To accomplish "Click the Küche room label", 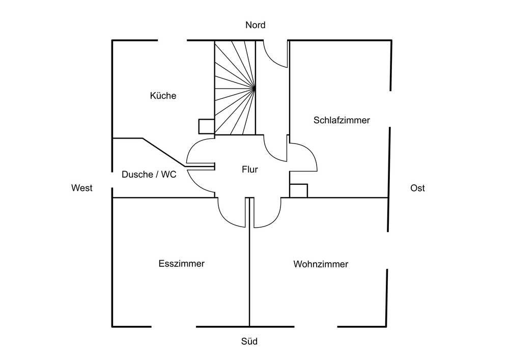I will pyautogui.click(x=163, y=95).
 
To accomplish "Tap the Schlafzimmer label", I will pyautogui.click(x=342, y=120).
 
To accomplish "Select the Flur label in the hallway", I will pyautogui.click(x=249, y=170).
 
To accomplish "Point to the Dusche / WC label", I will pyautogui.click(x=149, y=174).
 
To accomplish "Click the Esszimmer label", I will pyautogui.click(x=181, y=264).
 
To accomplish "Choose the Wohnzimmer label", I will pyautogui.click(x=321, y=264).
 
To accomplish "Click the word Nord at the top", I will pyautogui.click(x=255, y=25).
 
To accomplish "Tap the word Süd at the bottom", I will pyautogui.click(x=249, y=341).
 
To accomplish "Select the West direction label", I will pyautogui.click(x=81, y=188).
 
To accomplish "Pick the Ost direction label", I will pyautogui.click(x=417, y=188).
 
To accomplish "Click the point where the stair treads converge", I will pyautogui.click(x=253, y=89).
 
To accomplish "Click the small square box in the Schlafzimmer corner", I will pyautogui.click(x=298, y=190).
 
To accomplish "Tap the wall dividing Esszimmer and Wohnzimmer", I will pyautogui.click(x=249, y=275).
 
